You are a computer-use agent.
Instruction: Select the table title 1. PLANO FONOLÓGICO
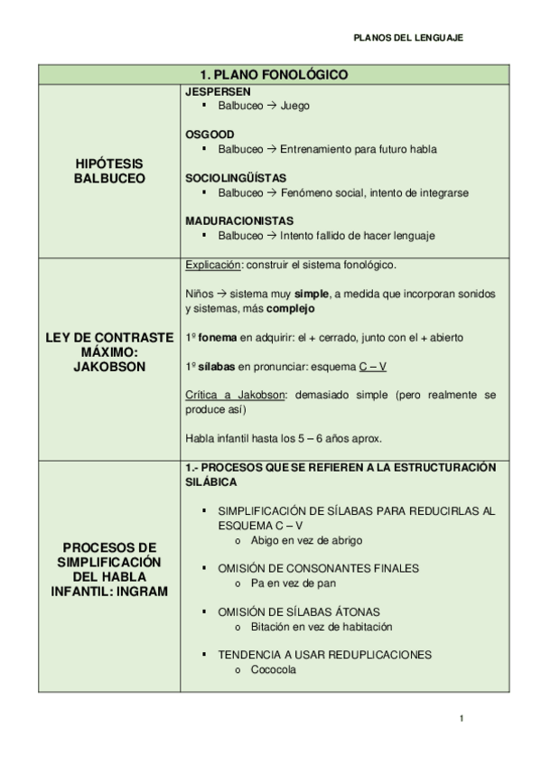click(x=273, y=74)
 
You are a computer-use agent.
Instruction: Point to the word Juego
click(x=294, y=106)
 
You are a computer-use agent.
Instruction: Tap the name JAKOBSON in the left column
click(x=109, y=367)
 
